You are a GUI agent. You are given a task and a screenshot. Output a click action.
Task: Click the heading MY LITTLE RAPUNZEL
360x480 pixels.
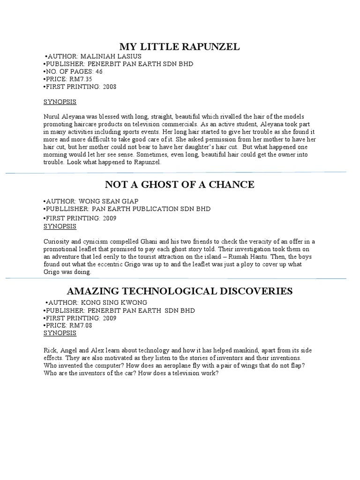click(x=180, y=46)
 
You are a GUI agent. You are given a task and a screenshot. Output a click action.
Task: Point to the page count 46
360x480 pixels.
click(x=98, y=72)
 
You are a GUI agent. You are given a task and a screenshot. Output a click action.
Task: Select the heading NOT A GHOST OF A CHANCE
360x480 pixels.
click(x=180, y=184)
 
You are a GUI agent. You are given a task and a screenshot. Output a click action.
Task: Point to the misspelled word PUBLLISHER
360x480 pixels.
click(x=66, y=209)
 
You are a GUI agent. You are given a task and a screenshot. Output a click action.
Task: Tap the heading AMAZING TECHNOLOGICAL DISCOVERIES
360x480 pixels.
click(x=180, y=291)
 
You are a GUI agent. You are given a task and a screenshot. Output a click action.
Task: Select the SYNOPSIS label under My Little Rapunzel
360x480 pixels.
click(x=60, y=102)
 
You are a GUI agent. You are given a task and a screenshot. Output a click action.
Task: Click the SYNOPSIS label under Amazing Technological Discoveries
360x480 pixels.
click(x=60, y=333)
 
